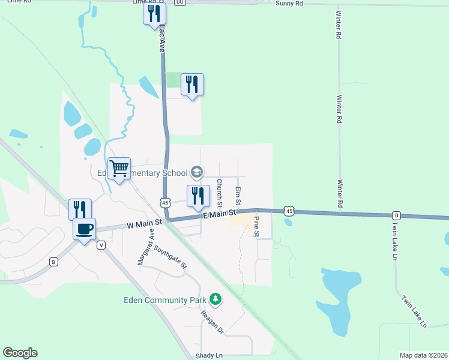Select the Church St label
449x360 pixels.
pyautogui.click(x=220, y=190)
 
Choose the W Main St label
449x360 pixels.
pyautogui.click(x=145, y=223)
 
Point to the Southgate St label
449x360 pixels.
pyautogui.click(x=170, y=256)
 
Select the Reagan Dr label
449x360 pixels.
pyautogui.click(x=212, y=322)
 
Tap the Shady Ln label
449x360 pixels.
pyautogui.click(x=209, y=356)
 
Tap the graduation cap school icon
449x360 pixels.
pyautogui.click(x=196, y=173)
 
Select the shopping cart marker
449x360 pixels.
pyautogui.click(x=119, y=169)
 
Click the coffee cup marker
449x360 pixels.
pyautogui.click(x=85, y=228)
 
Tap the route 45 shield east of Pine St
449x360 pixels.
pyautogui.click(x=289, y=211)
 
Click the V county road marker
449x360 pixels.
pyautogui.click(x=101, y=245)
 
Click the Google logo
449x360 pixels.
pyautogui.click(x=20, y=353)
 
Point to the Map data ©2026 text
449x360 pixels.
pyautogui.click(x=424, y=355)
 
